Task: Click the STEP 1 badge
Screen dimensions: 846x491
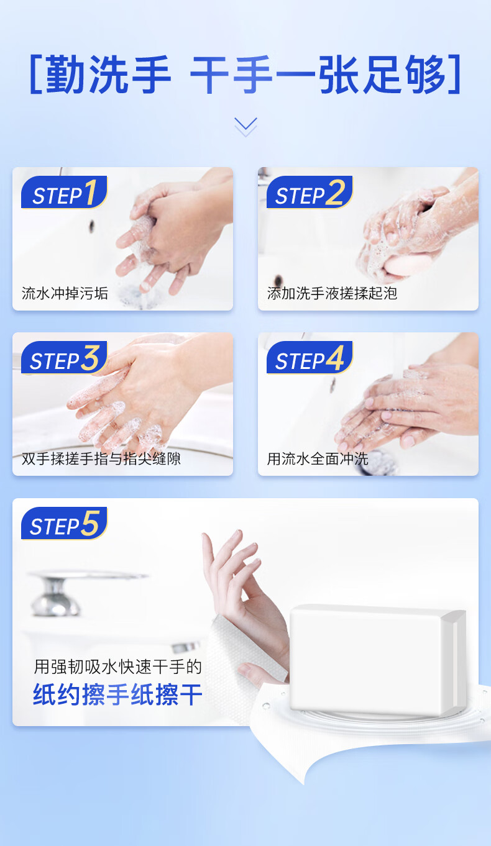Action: coord(64,193)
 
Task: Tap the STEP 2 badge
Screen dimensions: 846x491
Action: coord(309,193)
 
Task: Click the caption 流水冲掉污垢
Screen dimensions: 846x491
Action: coord(65,293)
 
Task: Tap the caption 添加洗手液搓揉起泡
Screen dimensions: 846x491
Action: coord(332,293)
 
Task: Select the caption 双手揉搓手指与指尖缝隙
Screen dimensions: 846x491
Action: coord(101,459)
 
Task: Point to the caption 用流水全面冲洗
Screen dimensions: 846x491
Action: coord(318,459)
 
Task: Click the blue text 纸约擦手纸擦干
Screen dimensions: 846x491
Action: coord(117,695)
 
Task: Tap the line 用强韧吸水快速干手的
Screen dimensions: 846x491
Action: coord(117,667)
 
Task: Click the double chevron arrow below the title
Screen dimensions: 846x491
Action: coord(245,126)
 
